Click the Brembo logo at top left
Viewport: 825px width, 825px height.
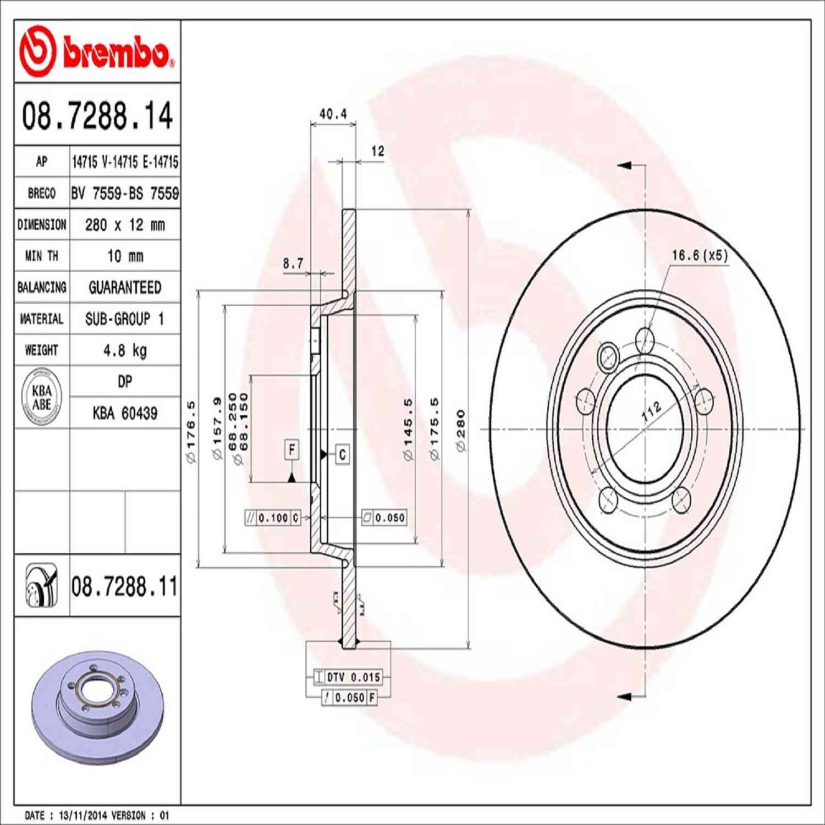pos(97,52)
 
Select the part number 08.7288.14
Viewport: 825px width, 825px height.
pos(97,116)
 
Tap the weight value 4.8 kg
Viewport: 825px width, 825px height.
pos(125,350)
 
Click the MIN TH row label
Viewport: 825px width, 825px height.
pos(41,256)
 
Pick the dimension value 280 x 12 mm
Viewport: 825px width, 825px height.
pos(125,224)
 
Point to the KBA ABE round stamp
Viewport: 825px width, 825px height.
pos(41,397)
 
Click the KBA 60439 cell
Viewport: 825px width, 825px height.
pos(125,413)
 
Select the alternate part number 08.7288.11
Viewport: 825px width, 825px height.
pos(124,586)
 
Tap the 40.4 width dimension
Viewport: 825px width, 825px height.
pos(333,114)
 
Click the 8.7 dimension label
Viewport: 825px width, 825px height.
pos(293,263)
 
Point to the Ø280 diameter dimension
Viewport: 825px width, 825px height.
pos(461,431)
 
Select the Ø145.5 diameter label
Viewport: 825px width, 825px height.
pos(408,430)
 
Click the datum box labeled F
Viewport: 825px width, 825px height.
pos(291,449)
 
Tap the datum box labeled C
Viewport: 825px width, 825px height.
pos(342,454)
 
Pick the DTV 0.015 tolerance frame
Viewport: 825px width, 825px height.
pos(348,677)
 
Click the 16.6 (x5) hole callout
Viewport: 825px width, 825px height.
pos(699,255)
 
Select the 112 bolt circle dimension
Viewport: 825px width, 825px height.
pos(651,411)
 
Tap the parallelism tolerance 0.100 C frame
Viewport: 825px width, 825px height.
pos(273,518)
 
